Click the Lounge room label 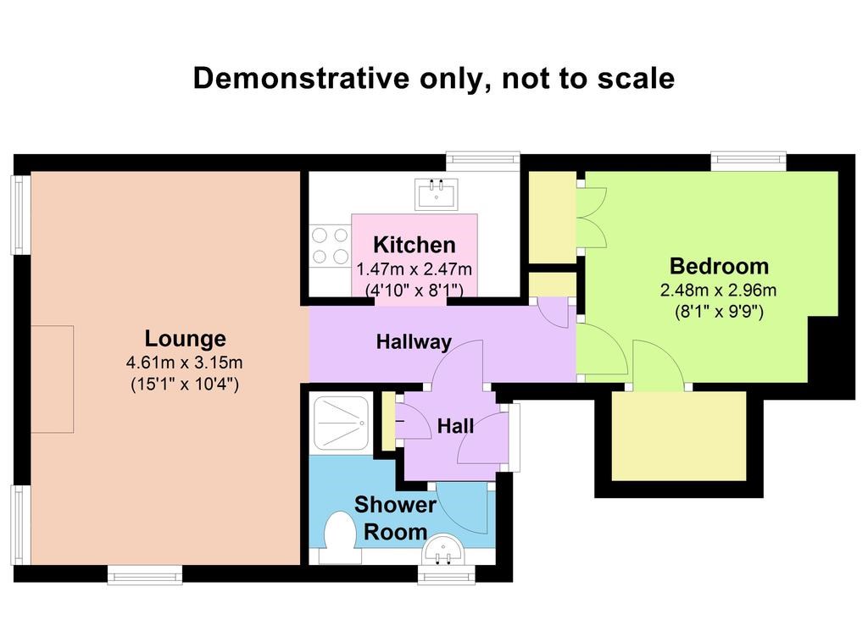pos(185,339)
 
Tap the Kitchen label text pos(414,245)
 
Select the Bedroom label pos(719,266)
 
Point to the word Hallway pos(414,342)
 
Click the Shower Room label pos(395,518)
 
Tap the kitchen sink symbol pos(437,194)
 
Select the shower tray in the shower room pos(341,422)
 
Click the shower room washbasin pos(444,551)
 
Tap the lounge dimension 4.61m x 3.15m pos(184,363)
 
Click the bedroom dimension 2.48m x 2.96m pos(719,290)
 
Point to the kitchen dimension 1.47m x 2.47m pos(414,269)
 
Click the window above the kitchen pos(483,159)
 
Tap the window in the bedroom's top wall pos(748,159)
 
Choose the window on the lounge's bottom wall pos(145,575)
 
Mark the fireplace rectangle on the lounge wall pos(52,379)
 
